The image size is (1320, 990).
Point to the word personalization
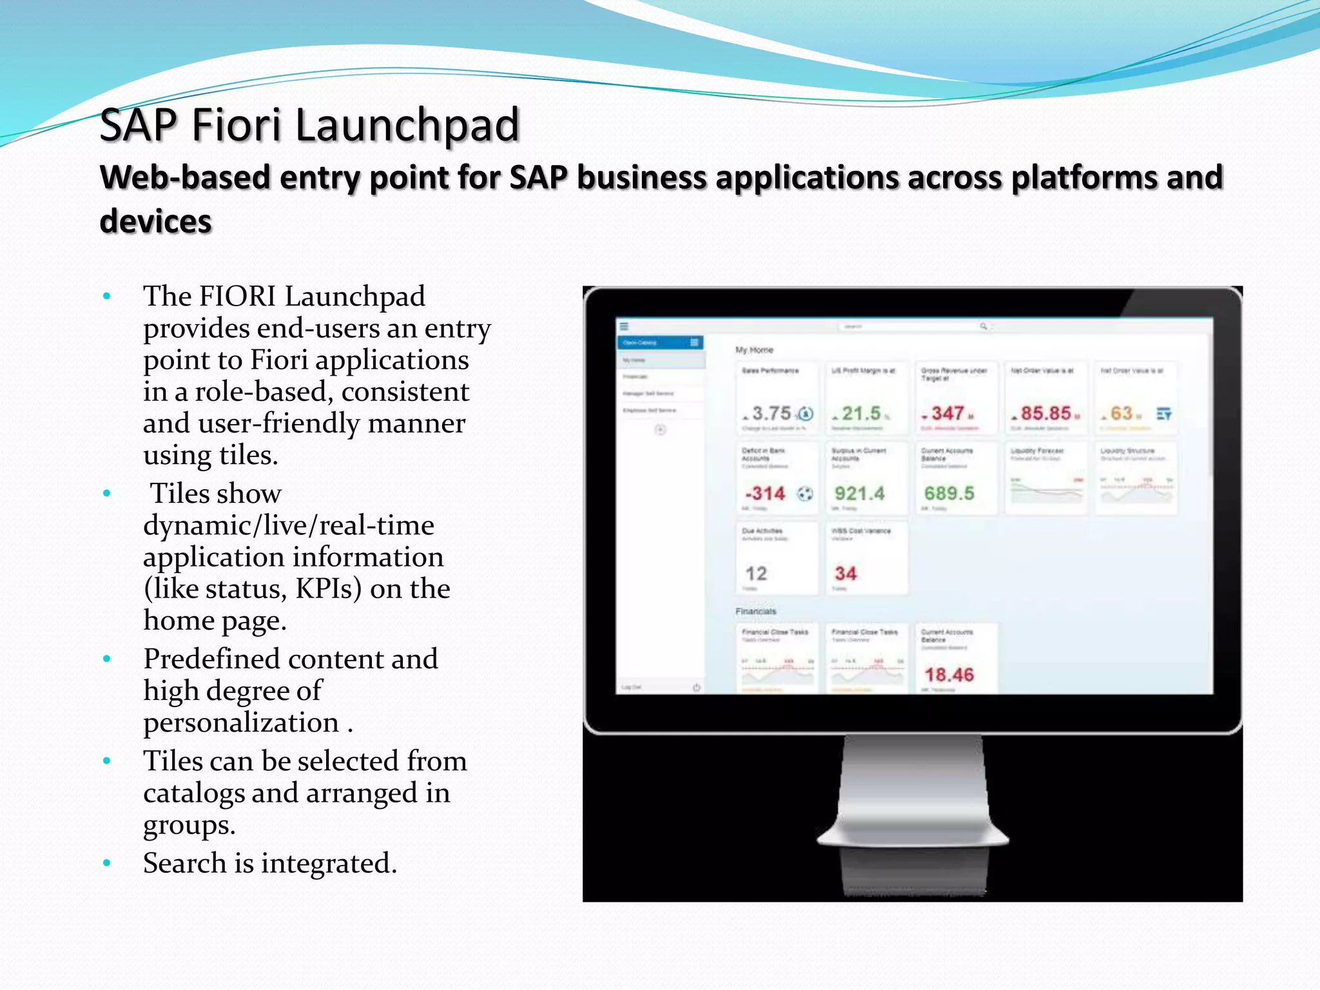[x=241, y=723]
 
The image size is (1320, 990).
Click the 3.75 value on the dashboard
[x=772, y=413]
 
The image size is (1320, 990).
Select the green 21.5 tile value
[x=861, y=413]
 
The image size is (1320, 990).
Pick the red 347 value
[x=947, y=413]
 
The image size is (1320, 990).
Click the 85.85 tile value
[x=1045, y=413]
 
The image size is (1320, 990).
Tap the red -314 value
[x=765, y=494]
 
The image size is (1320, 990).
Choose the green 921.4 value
[x=860, y=494]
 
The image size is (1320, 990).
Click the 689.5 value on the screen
[x=949, y=494]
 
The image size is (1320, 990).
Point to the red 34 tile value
[x=846, y=574]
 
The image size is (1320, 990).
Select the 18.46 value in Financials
[x=949, y=675]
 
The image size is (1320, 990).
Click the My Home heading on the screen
[x=754, y=350]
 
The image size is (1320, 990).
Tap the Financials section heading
[x=756, y=611]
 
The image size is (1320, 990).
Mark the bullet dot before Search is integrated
[x=107, y=863]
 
